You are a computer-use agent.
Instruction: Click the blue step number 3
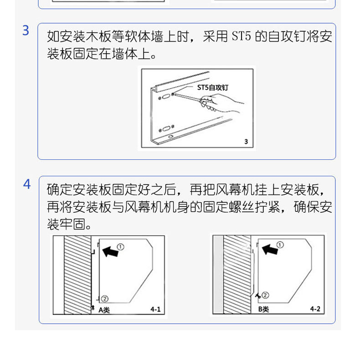(x=26, y=31)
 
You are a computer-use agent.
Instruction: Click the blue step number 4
(x=27, y=184)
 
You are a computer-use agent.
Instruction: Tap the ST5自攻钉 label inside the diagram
(x=212, y=87)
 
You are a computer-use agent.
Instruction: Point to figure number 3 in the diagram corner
(x=246, y=142)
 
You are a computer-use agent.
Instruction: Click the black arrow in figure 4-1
(x=110, y=251)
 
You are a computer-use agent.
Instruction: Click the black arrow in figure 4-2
(x=270, y=250)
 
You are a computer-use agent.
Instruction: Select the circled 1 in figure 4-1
(x=120, y=247)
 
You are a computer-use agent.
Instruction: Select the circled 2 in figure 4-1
(x=104, y=299)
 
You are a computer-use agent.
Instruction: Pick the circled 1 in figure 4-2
(x=280, y=245)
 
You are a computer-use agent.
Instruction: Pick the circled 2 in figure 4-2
(x=265, y=295)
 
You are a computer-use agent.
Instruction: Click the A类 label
(x=104, y=310)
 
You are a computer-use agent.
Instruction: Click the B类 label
(x=264, y=309)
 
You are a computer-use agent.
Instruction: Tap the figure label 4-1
(x=155, y=309)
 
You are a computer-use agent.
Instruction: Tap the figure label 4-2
(x=315, y=309)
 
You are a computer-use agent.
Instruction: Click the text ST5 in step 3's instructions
(x=241, y=36)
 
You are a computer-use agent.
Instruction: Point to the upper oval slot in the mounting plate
(x=165, y=96)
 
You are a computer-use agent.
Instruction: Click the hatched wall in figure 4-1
(x=77, y=275)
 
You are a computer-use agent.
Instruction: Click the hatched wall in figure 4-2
(x=237, y=275)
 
